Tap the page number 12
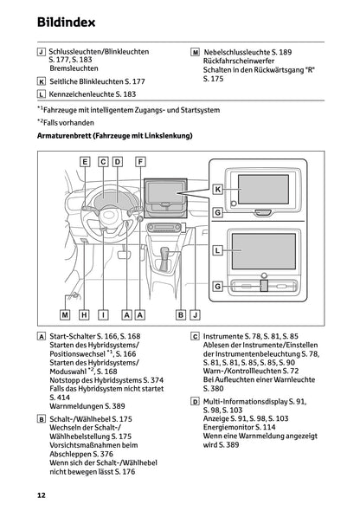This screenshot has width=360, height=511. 41,495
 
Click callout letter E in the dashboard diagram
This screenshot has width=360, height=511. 86,161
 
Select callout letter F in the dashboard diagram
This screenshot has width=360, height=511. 140,161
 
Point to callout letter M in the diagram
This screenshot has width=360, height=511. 65,315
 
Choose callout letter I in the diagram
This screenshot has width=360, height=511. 103,315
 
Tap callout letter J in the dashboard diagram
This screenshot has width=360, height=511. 195,315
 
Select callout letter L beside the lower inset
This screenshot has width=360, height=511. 218,249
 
